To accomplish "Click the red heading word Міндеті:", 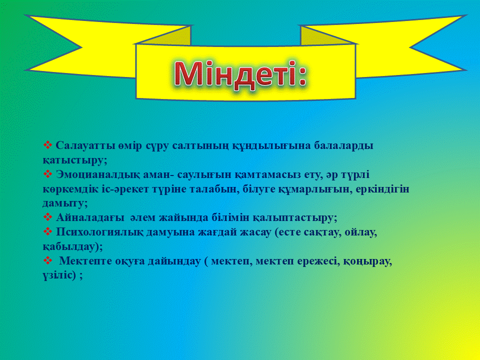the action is [x=240, y=73].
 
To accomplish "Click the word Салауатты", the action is [x=85, y=145].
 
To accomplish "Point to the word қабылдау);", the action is [x=73, y=246].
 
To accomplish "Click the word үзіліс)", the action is [x=59, y=275].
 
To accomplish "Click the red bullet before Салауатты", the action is [x=48, y=145].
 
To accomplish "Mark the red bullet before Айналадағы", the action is [x=48, y=217].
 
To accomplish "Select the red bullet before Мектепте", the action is [x=48, y=260].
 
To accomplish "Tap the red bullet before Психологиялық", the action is [x=48, y=231].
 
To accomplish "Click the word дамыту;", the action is [x=65, y=204].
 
